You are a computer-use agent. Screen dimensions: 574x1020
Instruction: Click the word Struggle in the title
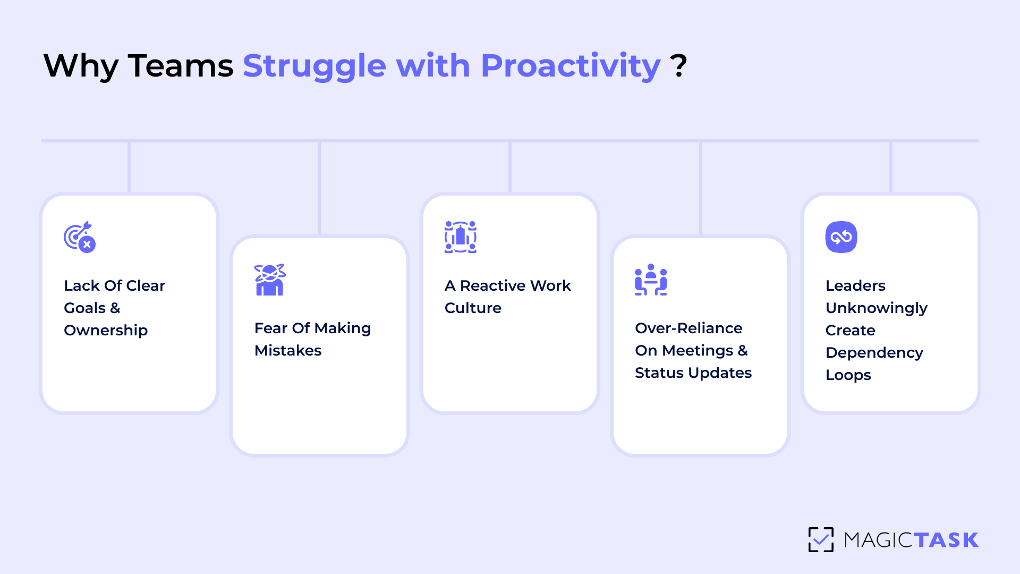pos(313,66)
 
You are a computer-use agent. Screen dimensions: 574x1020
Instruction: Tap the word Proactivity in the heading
pos(570,66)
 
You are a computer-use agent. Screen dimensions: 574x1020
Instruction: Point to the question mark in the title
pos(678,66)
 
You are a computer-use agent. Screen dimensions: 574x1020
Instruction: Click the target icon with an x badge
pos(80,237)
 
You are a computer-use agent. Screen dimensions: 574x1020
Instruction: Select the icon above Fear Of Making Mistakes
pos(270,280)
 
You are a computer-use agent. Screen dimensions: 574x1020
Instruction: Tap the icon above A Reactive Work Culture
pos(460,237)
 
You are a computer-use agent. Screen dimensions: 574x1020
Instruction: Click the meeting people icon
pos(651,280)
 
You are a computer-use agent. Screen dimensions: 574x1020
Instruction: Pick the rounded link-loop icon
pos(841,237)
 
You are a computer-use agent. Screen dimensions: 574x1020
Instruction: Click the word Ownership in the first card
pos(106,331)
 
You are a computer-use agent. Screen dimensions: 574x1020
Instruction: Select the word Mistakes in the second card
pos(288,351)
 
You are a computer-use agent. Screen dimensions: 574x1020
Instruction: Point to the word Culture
pos(473,308)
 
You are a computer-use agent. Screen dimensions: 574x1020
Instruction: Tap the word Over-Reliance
pos(688,328)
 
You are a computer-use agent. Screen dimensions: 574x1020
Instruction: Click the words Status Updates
pos(693,373)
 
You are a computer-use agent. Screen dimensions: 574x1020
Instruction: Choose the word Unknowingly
pos(877,308)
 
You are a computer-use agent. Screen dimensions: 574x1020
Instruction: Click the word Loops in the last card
pos(848,375)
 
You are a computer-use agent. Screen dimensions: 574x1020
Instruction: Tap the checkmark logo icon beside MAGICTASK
pos(821,540)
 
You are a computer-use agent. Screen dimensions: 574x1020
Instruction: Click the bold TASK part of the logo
pos(946,540)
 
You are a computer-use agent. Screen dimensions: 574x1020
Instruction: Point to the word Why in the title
pos(81,66)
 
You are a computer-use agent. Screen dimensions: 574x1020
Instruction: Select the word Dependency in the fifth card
pos(874,353)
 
